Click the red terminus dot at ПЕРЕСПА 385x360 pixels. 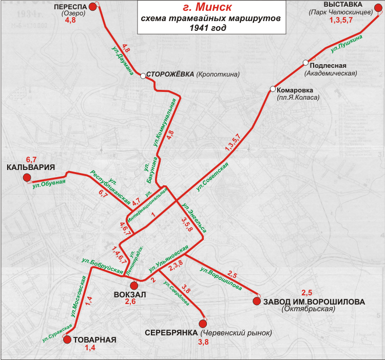point(92,7)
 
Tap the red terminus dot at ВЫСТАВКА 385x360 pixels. point(377,11)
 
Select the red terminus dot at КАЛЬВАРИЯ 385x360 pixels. point(27,178)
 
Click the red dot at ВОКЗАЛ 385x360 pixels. point(134,286)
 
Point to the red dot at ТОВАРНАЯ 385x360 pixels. point(67,339)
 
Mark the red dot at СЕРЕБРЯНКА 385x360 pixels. point(203,324)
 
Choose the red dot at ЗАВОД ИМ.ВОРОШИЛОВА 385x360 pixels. point(257,301)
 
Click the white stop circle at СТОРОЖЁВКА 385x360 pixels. point(143,76)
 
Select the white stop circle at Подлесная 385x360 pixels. point(305,63)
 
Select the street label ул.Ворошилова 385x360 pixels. point(221,278)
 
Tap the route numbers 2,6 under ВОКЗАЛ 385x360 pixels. point(130,302)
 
